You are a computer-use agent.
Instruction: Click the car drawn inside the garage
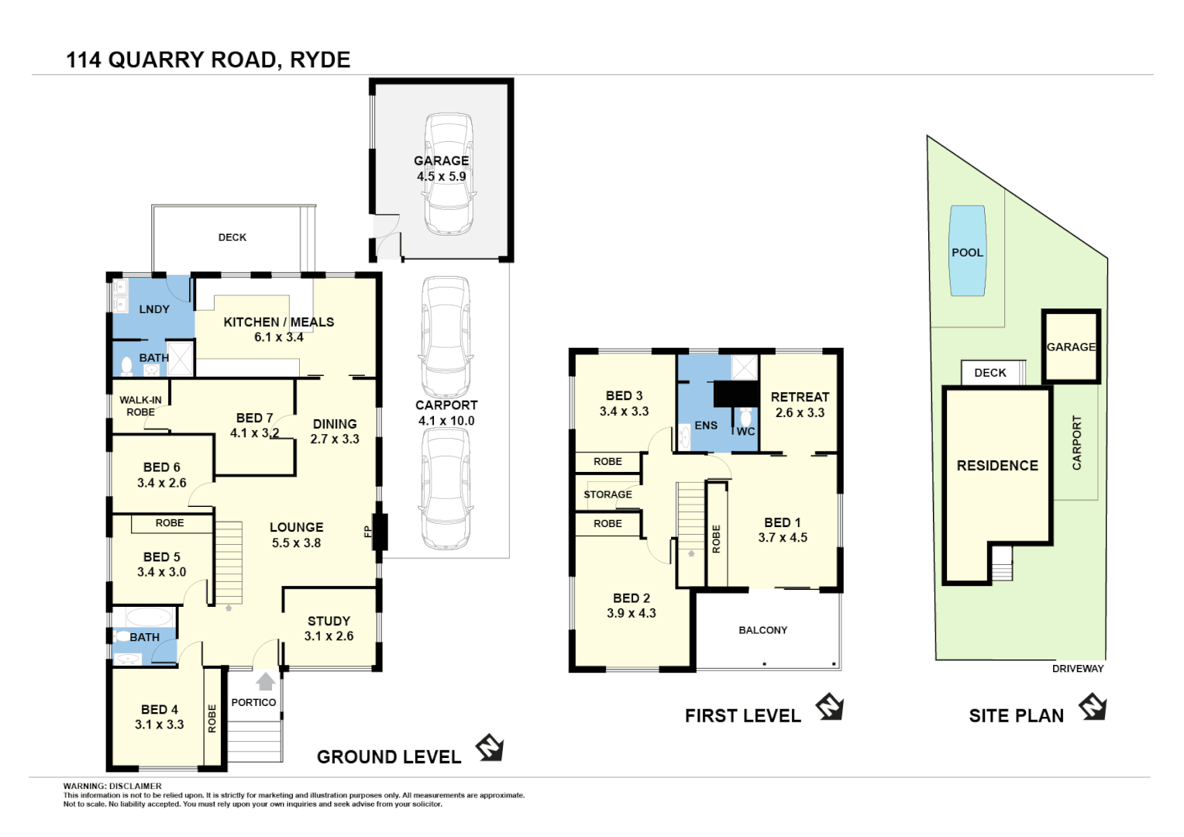(449, 174)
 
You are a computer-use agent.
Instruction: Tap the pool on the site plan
(968, 251)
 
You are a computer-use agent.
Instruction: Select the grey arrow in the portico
(266, 681)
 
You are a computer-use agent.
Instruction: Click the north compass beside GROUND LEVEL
(490, 748)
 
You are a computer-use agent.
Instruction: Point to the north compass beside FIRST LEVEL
(829, 707)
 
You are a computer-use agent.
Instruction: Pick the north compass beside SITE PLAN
(1093, 707)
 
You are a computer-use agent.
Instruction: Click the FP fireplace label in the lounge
(367, 532)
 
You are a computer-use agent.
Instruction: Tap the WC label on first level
(745, 432)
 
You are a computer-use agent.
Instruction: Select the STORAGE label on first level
(607, 494)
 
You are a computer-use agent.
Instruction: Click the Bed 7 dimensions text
(254, 433)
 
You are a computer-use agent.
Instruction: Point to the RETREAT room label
(800, 397)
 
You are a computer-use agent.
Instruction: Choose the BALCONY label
(762, 630)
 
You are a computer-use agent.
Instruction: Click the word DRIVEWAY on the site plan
(1077, 669)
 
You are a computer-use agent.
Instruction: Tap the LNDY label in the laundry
(154, 309)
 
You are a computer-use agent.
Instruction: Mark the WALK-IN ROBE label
(140, 406)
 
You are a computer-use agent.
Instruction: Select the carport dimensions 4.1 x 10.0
(446, 421)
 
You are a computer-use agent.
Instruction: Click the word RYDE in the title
(320, 60)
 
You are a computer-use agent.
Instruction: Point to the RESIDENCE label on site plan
(997, 466)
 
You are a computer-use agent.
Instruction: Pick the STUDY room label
(329, 621)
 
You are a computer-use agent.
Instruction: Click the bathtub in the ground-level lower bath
(149, 618)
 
